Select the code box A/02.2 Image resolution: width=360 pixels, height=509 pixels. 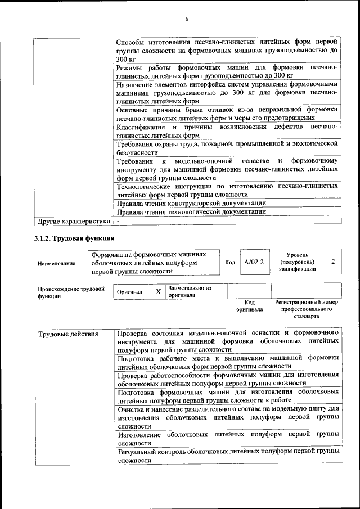(254, 262)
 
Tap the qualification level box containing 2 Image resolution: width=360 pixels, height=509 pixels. (333, 262)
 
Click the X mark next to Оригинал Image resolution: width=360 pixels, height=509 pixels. (159, 292)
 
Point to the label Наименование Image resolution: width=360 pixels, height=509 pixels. (56, 263)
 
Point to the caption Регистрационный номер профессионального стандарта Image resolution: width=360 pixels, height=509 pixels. (307, 309)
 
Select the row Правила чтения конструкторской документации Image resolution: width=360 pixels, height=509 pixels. (191, 202)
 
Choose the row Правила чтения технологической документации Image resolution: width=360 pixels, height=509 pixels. (191, 212)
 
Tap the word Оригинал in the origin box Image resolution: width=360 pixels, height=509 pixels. (130, 292)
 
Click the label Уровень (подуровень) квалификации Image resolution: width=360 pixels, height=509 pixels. (296, 262)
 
